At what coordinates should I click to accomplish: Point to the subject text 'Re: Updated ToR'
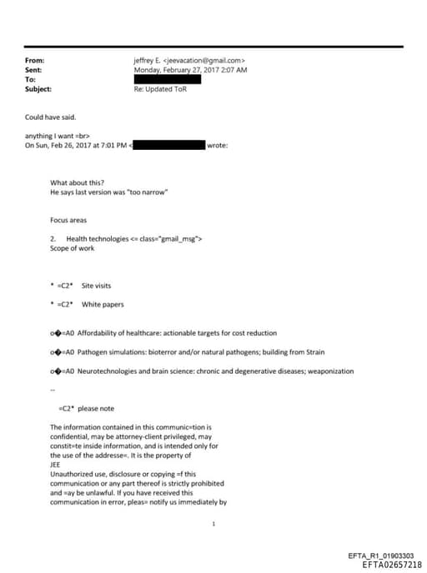click(160, 88)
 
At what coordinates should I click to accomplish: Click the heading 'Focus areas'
click(68, 220)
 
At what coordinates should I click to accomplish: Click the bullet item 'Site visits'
click(96, 286)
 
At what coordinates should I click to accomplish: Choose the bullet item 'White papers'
click(103, 305)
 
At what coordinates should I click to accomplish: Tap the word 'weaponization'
click(331, 371)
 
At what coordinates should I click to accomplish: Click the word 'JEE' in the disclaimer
click(57, 465)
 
